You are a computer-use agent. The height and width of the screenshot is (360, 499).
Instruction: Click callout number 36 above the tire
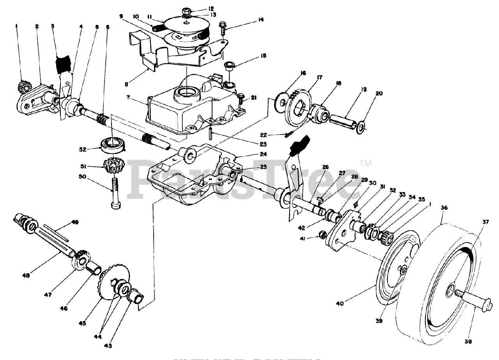(x=444, y=208)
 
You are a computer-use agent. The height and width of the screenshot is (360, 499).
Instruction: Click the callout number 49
(x=75, y=222)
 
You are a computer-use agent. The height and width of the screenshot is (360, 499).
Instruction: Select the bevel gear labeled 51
(x=113, y=167)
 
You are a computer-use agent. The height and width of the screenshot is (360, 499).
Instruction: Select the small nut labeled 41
(x=322, y=234)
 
